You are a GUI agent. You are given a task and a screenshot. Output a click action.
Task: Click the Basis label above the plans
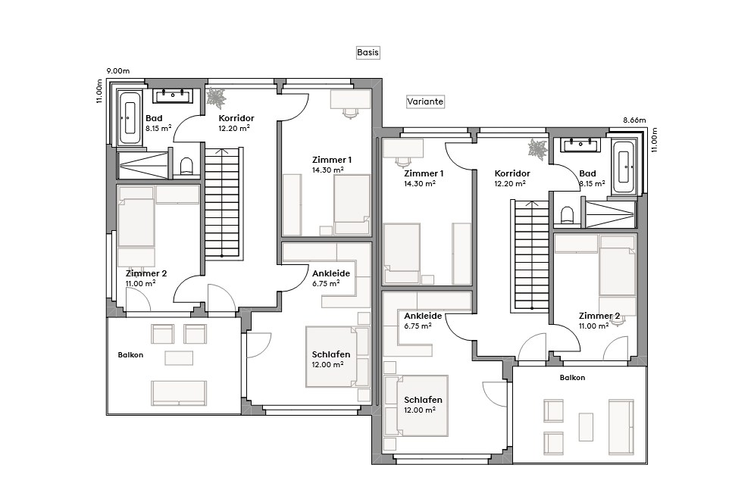click(368, 53)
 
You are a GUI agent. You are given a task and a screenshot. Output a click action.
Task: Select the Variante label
click(425, 101)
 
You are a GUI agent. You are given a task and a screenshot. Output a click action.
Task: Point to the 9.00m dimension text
click(118, 71)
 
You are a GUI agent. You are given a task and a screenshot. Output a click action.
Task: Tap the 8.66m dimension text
click(634, 120)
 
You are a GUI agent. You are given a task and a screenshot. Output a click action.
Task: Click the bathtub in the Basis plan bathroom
click(129, 117)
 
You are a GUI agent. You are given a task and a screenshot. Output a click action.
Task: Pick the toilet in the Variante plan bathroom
click(566, 217)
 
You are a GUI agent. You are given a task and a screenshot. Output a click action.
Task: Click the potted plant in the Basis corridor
click(217, 98)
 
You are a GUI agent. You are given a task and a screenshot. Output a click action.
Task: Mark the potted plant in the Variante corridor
click(538, 148)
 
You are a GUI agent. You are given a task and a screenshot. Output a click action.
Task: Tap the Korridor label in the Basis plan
click(236, 119)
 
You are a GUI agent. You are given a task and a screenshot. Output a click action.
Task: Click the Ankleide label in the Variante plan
click(423, 316)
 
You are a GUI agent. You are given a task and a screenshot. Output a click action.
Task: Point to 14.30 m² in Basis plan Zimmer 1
click(328, 170)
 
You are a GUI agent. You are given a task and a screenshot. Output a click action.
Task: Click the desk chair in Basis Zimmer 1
click(350, 112)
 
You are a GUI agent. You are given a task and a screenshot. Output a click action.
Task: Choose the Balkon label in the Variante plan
click(572, 377)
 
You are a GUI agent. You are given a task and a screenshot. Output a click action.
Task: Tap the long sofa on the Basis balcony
click(179, 392)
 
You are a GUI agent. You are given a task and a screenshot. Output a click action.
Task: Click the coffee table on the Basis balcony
click(179, 357)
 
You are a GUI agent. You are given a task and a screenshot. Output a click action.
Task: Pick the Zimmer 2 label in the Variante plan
click(599, 316)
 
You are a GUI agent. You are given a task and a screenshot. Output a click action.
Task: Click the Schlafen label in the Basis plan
click(330, 354)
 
